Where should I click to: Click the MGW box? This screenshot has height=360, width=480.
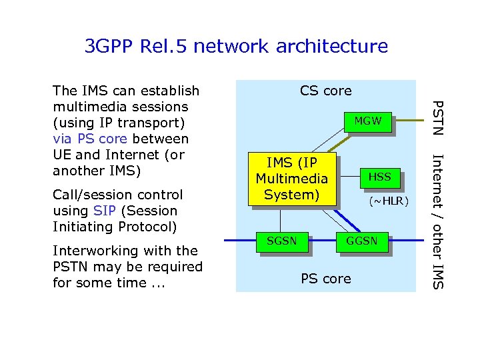coord(367,121)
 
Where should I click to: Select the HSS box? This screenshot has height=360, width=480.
coord(379,177)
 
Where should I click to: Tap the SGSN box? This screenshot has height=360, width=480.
coord(282,241)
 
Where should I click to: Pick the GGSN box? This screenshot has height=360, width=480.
coord(362,241)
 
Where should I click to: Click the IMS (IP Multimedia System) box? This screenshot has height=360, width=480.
coord(291,179)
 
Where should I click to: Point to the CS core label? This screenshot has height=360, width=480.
coord(325,91)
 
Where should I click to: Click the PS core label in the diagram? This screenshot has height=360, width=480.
coord(325,279)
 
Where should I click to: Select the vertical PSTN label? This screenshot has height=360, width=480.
coord(437,117)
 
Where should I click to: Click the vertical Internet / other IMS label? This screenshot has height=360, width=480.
coord(437,221)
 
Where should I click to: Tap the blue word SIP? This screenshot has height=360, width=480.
coord(105,211)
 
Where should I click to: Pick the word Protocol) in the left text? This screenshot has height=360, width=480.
coord(148,227)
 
